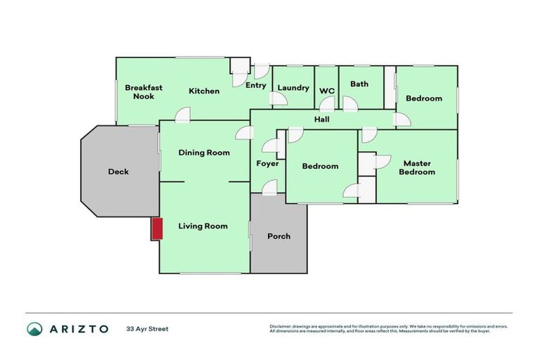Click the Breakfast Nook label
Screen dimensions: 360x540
pos(143,92)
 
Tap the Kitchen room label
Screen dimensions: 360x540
pos(204,91)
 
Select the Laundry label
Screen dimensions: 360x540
pos(293,88)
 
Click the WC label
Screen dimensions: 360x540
pos(326,91)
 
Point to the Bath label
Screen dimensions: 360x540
pos(359,84)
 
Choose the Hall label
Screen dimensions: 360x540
pos(322,120)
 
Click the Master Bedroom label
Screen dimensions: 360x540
pos(417,167)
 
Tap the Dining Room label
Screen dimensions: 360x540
pos(204,153)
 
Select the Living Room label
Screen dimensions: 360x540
pos(202,226)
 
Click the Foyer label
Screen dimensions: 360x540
pos(267,164)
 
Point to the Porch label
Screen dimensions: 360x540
pos(278,236)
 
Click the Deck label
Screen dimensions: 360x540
pos(118,172)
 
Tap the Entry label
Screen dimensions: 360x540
pos(255,86)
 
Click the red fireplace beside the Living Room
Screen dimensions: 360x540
pos(157,229)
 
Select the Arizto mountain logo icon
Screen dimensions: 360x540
pos(34,329)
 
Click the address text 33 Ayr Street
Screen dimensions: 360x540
pos(147,329)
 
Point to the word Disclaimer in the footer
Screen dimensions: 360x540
pos(281,326)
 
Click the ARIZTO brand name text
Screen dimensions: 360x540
pos(78,329)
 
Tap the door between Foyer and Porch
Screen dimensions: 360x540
pos(269,188)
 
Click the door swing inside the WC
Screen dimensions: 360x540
pos(326,104)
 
